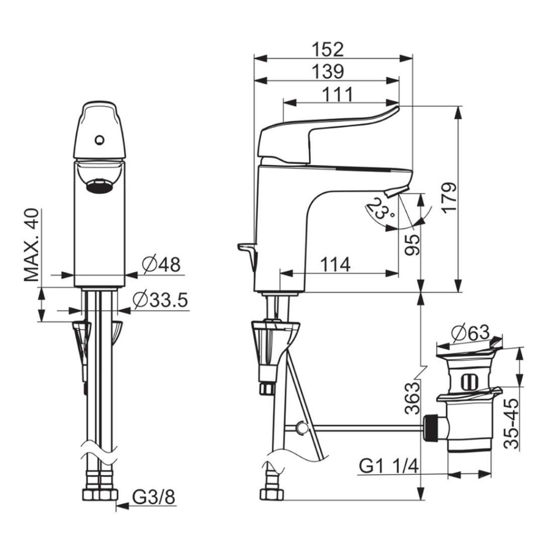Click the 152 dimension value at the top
click(x=328, y=49)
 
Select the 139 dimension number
click(x=328, y=72)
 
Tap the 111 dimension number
click(x=337, y=94)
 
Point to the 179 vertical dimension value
click(x=449, y=197)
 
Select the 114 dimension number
click(x=335, y=265)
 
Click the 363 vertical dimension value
click(x=412, y=398)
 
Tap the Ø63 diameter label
click(x=470, y=333)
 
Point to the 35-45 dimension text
click(x=511, y=424)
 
